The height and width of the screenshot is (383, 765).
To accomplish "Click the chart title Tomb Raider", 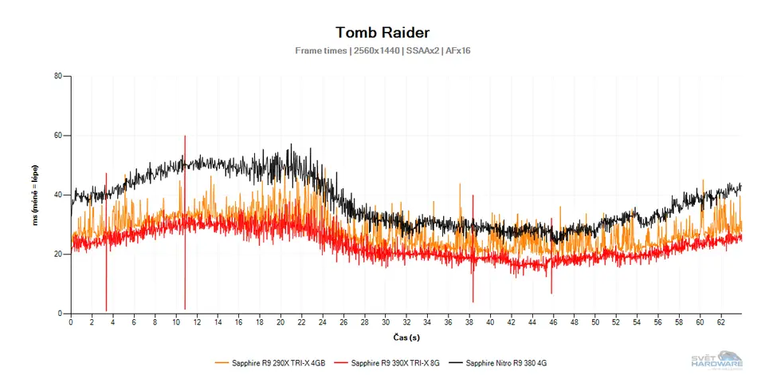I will point(382,33).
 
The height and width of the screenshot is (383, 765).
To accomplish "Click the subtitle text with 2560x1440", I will point(382,51).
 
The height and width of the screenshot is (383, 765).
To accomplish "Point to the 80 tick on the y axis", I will point(58,77).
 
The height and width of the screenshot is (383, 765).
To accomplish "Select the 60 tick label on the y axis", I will point(58,136).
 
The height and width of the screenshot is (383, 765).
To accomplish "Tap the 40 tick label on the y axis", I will point(58,195).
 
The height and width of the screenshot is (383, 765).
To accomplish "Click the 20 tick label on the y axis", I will point(58,254).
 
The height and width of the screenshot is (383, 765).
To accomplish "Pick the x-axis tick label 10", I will point(176,322).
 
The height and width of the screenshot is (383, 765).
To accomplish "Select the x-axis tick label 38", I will point(469,322).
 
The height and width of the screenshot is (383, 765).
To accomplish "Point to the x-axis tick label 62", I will point(721,322).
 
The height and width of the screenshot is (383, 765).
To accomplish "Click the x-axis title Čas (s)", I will point(406,337).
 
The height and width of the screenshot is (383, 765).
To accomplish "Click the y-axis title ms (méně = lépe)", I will point(36,195).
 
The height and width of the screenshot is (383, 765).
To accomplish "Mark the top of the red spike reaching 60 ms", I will point(185,136).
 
